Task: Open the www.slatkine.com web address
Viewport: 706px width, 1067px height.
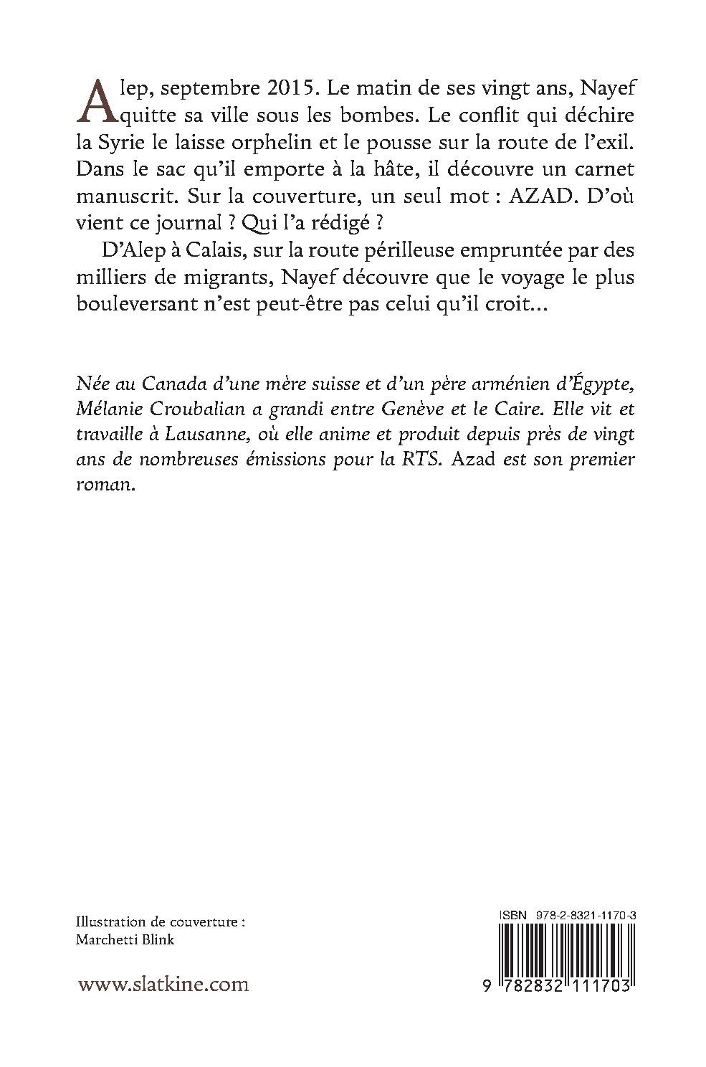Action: click(x=163, y=984)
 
